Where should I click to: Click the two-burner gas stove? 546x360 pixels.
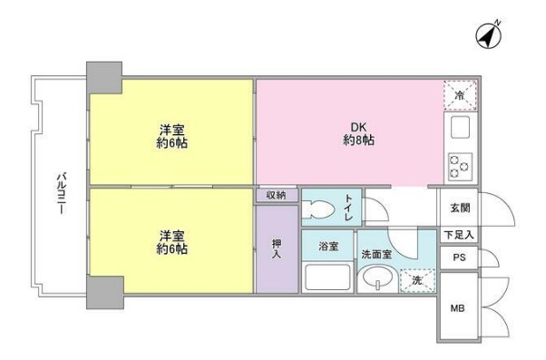460,165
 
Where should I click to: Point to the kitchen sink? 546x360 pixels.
459,128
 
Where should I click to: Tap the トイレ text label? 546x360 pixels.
349,207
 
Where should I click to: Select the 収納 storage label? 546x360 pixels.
277,195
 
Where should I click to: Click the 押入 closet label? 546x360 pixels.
277,249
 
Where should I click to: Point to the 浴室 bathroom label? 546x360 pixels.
327,245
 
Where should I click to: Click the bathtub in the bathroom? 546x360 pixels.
327,276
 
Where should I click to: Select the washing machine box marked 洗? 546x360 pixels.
416,280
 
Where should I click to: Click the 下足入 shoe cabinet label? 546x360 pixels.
459,236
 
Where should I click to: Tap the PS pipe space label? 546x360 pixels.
459,257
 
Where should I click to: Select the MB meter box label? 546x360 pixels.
459,308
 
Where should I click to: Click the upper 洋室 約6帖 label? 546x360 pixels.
171,135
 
